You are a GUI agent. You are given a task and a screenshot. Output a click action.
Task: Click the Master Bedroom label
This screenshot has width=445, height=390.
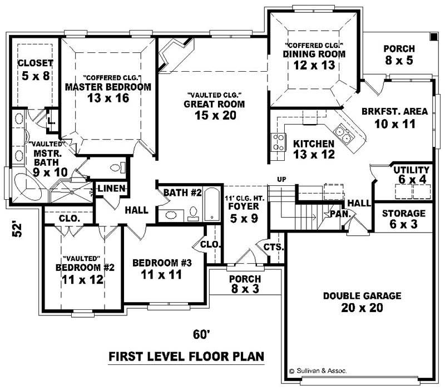108,87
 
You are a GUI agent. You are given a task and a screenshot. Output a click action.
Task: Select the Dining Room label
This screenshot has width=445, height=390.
314,54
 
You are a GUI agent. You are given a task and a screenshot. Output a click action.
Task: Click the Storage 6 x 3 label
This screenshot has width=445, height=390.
404,213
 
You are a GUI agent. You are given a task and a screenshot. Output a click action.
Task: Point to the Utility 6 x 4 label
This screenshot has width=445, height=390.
411,170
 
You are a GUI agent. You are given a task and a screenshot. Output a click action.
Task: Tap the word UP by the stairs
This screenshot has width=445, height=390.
281,179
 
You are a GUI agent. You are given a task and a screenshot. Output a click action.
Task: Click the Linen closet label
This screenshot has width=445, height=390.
112,189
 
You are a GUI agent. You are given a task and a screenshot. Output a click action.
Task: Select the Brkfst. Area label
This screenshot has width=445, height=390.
394,111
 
